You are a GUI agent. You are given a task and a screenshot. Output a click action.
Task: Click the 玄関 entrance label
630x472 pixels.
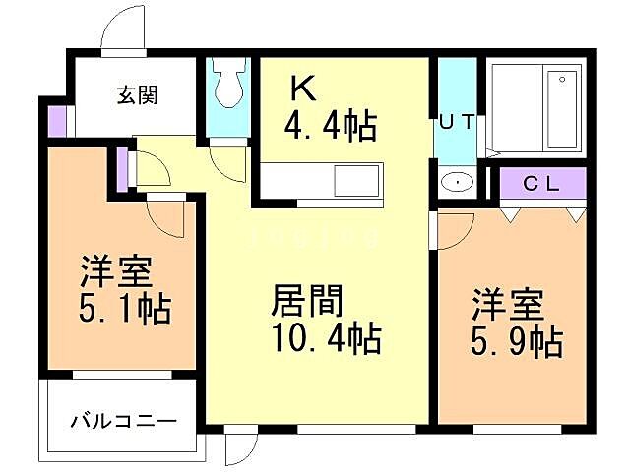click(138, 95)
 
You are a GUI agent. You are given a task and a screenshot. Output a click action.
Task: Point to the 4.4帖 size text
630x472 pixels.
click(330, 126)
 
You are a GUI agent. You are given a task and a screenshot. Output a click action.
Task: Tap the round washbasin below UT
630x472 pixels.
click(456, 182)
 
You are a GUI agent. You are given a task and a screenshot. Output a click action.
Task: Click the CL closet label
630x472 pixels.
click(540, 182)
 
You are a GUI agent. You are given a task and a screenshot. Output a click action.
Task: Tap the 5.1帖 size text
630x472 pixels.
click(124, 309)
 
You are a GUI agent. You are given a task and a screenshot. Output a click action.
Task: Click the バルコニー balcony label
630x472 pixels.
click(124, 423)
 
